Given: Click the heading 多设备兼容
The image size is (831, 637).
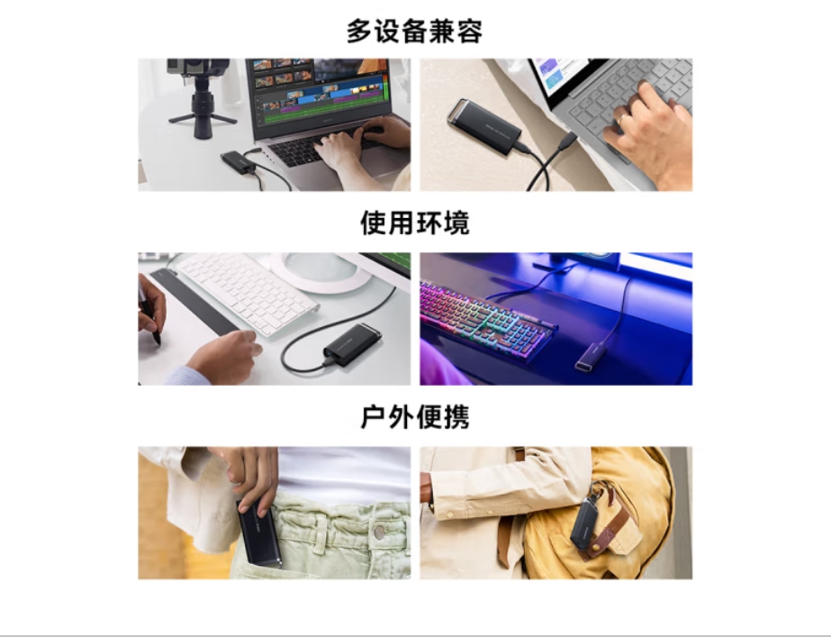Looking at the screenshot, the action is coord(414,31).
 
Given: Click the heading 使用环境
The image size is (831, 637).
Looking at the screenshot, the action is coord(414,223).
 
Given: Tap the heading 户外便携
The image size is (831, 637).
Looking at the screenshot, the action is coord(414,416).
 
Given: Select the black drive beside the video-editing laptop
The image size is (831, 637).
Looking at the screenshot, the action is coord(239,162).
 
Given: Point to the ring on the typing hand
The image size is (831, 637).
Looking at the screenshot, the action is coord(620,119).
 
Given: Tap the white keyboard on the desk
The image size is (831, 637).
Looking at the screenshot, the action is coord(247,293).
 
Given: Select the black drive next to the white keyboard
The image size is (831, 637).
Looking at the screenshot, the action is coord(353,344).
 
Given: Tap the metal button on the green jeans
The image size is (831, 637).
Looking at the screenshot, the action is coord(379,532).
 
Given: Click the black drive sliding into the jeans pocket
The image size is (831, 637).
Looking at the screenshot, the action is coord(258,532).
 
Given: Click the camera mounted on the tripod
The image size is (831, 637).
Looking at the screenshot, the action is coord(198,67).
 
